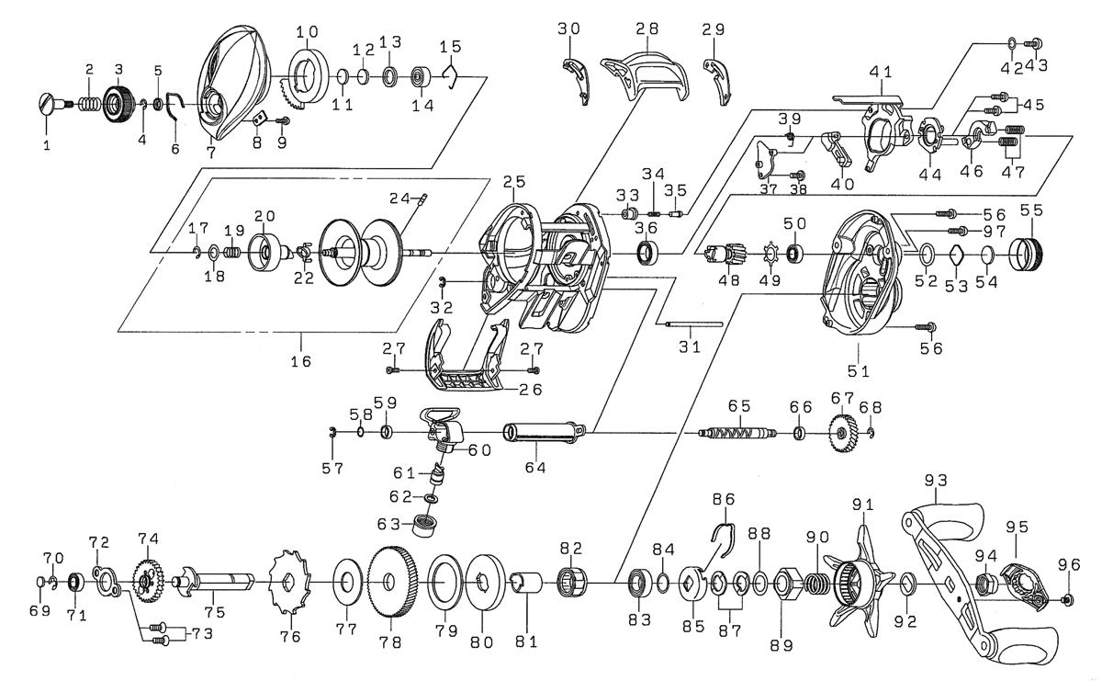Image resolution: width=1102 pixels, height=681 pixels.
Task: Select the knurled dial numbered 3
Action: tap(117, 103)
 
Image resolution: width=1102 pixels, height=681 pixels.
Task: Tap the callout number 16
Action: tap(299, 360)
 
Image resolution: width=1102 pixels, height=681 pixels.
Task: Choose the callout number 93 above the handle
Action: tap(936, 480)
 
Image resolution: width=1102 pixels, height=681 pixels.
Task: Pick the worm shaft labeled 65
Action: tap(738, 433)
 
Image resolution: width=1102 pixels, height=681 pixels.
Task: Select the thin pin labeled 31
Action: tap(692, 323)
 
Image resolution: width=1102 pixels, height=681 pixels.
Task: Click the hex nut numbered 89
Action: tap(786, 582)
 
